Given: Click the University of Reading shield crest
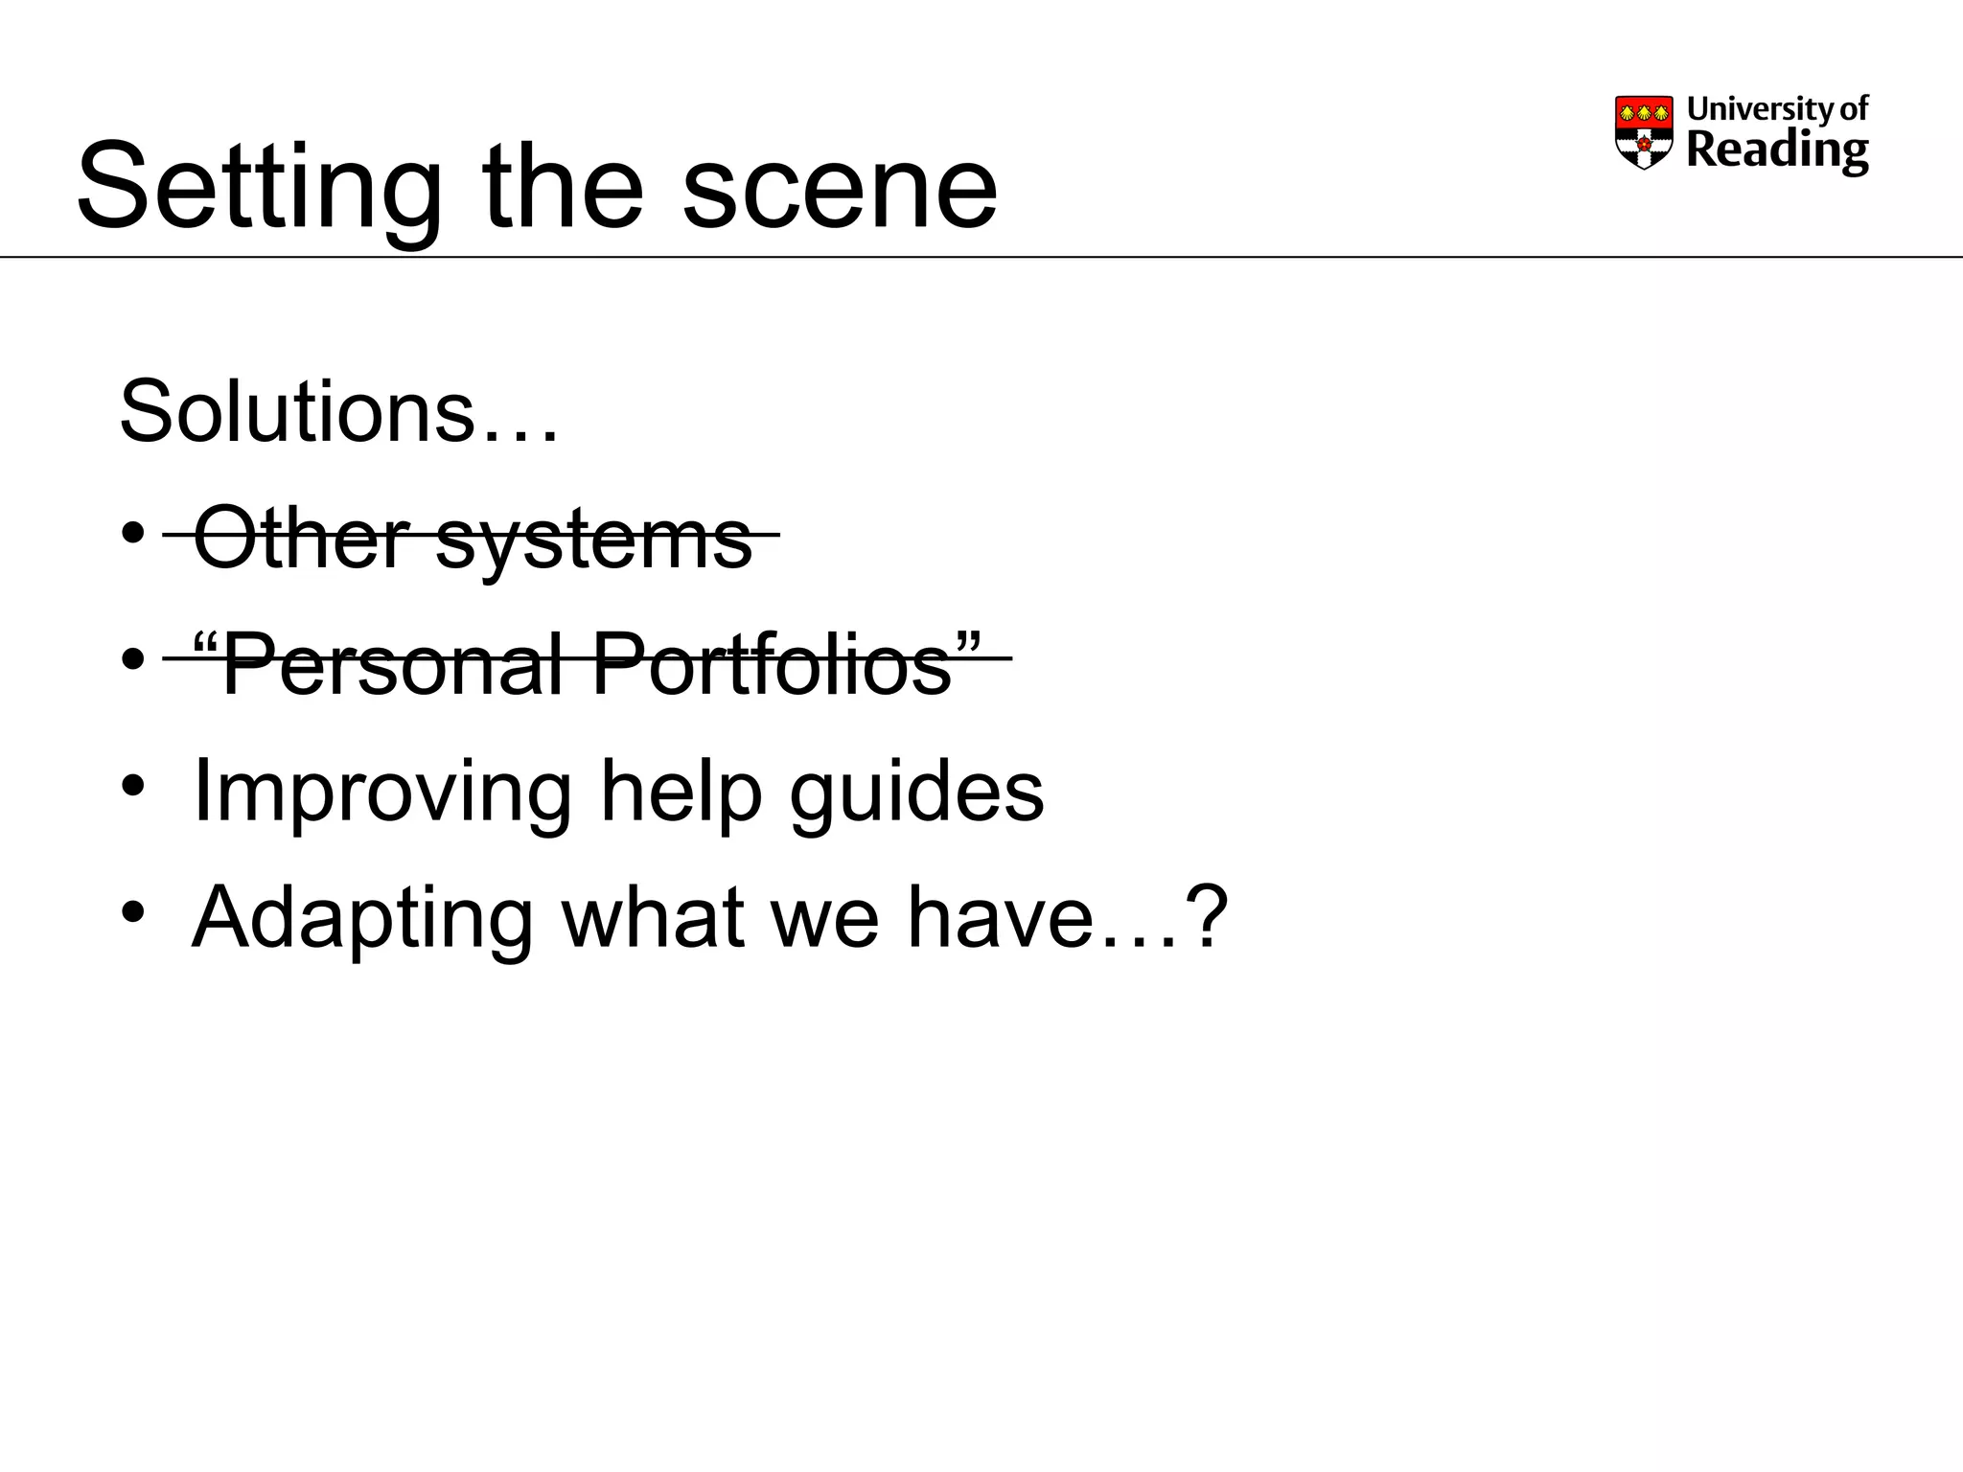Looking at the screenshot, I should [1644, 132].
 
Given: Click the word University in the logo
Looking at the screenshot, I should [1748, 109].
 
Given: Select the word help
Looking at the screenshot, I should [681, 792].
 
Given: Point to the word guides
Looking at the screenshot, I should [916, 793].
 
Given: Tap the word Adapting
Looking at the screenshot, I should [362, 918].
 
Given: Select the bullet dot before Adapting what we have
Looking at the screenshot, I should [133, 911].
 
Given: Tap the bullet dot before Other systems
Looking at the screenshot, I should [133, 532].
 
